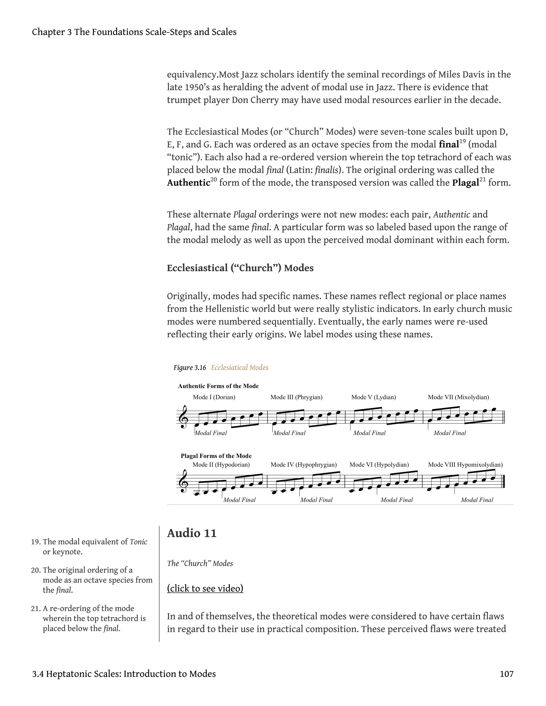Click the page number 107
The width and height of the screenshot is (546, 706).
pyautogui.click(x=506, y=674)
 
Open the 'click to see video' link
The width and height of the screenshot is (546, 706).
pyautogui.click(x=205, y=588)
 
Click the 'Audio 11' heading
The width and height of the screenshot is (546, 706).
pyautogui.click(x=191, y=533)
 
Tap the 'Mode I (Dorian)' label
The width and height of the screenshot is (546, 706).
pyautogui.click(x=214, y=397)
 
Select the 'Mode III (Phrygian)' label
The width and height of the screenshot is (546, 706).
pyautogui.click(x=296, y=397)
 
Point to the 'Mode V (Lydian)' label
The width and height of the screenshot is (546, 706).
pyautogui.click(x=374, y=397)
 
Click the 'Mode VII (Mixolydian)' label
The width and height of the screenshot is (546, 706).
pyautogui.click(x=458, y=397)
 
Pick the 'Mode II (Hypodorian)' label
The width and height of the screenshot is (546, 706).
pyautogui.click(x=221, y=465)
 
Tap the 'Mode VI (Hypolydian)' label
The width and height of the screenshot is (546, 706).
pyautogui.click(x=379, y=465)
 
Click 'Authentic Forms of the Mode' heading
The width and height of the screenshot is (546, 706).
pyautogui.click(x=218, y=386)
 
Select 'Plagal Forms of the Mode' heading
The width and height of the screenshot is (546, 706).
pyautogui.click(x=216, y=456)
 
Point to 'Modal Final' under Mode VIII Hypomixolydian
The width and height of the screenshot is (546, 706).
pyautogui.click(x=477, y=500)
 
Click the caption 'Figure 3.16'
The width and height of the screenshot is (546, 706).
pyautogui.click(x=190, y=368)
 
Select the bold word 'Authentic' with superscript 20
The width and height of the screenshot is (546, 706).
pyautogui.click(x=188, y=183)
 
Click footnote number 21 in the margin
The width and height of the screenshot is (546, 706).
pyautogui.click(x=35, y=608)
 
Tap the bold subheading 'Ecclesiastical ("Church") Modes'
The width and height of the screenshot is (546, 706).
pyautogui.click(x=240, y=268)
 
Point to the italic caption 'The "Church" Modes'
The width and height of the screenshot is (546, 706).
pyautogui.click(x=200, y=563)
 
